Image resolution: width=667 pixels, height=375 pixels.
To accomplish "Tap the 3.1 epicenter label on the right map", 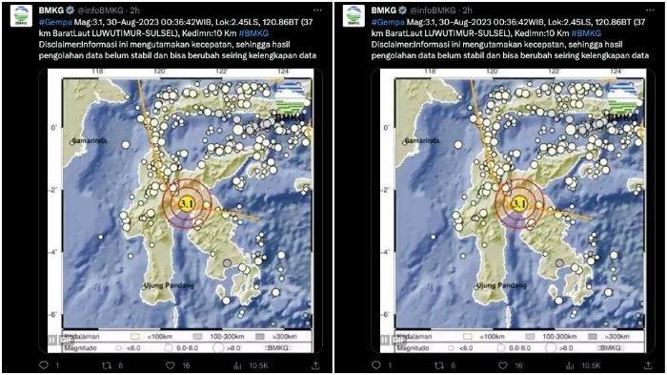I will pos(520,202).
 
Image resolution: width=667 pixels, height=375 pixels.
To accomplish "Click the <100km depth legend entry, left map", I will pos(153,337).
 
